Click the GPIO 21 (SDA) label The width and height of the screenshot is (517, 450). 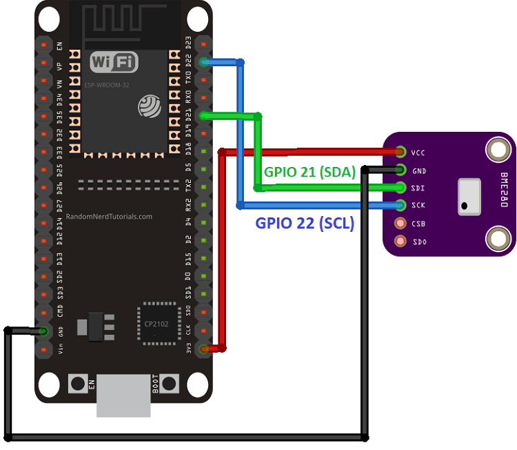pos(310,173)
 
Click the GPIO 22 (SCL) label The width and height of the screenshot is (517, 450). pos(304,223)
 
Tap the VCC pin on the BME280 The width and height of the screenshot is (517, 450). pos(401,151)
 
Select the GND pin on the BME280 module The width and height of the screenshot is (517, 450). pos(401,169)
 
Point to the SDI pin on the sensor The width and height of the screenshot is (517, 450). pos(401,187)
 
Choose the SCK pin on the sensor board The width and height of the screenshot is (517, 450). pos(401,205)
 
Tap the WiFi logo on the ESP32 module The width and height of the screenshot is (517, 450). pos(112,62)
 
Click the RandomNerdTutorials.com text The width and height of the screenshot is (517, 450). pos(110,216)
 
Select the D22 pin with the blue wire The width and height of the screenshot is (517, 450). pos(203,62)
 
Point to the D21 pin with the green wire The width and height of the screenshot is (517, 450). pos(203,116)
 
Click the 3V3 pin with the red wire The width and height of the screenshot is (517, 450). pos(203,349)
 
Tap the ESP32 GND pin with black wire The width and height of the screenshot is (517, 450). pos(43,331)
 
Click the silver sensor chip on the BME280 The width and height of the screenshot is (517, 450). pos(469,195)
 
